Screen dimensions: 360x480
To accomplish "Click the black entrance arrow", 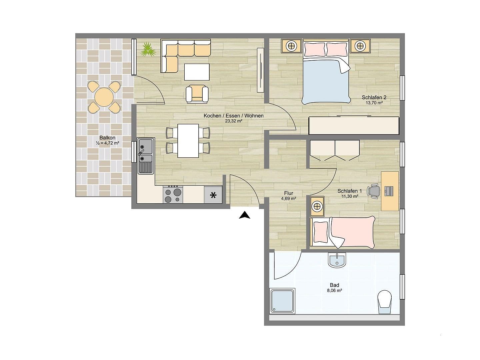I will (244, 216).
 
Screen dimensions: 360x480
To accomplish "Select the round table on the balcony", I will (104, 97).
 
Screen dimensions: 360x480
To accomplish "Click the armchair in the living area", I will (197, 93).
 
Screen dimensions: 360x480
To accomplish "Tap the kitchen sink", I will (146, 156).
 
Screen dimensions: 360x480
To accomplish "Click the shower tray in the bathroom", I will (282, 301).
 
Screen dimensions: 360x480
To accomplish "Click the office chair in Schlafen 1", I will (374, 191).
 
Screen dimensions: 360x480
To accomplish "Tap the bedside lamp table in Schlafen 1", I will (317, 206).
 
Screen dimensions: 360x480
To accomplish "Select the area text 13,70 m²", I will (374, 103).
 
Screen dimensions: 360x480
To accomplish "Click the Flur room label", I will (289, 193).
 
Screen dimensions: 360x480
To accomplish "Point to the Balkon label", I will (107, 138).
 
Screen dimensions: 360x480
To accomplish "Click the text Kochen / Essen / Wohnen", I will (234, 116).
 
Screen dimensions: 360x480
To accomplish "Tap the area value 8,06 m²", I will (334, 290).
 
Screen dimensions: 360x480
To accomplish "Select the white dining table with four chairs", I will (188, 140).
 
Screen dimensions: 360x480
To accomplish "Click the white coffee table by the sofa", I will (197, 72).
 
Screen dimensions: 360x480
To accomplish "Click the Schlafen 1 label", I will (350, 191).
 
